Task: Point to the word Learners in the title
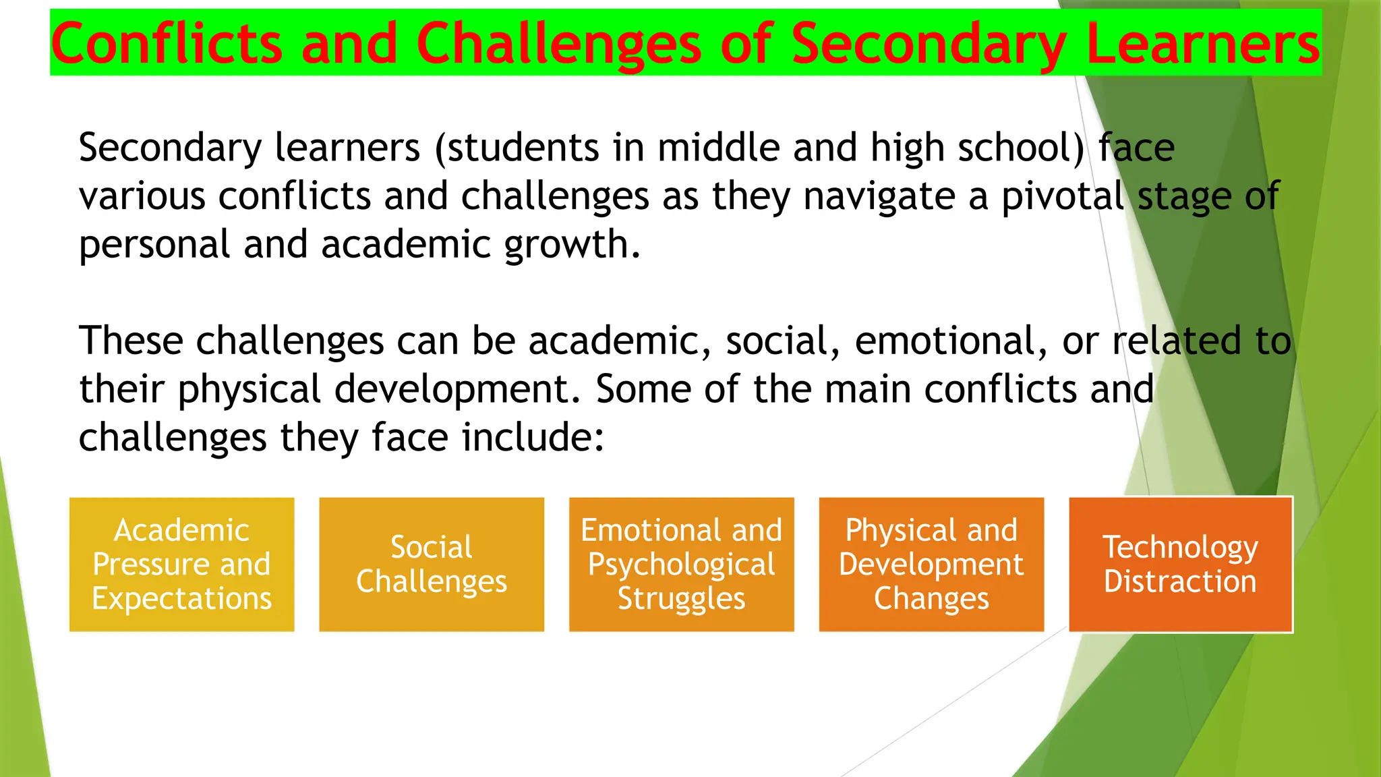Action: coord(1203,44)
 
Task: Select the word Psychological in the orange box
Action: coord(681,565)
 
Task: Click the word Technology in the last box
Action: coord(1180,547)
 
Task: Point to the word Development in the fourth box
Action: coord(931,565)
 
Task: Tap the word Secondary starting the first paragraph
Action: coord(170,148)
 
